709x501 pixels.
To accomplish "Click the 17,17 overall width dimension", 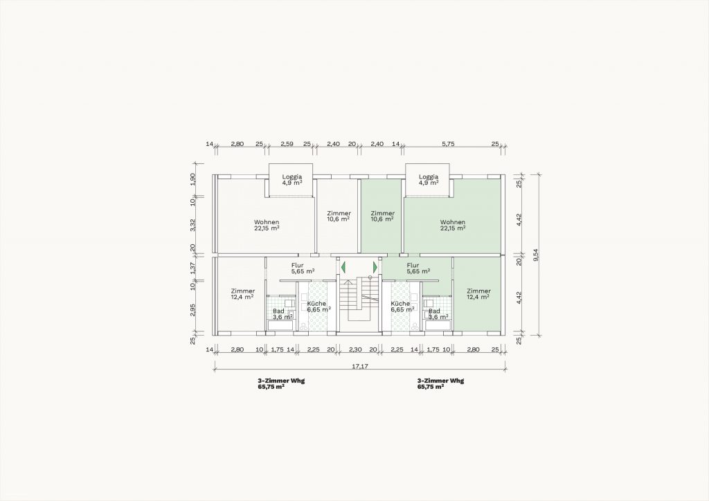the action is tap(360, 366).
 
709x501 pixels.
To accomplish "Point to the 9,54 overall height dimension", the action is tap(537, 256).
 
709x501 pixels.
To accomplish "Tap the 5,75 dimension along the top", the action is tap(448, 144).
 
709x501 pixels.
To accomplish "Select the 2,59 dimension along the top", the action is tap(287, 144).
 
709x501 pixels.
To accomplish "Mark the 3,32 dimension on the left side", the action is tap(193, 224).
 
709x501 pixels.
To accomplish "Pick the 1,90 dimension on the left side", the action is tap(193, 179).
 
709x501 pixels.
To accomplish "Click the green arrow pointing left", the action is tap(343, 267).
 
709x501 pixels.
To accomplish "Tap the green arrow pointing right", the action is tap(375, 267).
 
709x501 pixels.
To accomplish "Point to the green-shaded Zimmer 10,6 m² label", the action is tap(382, 216).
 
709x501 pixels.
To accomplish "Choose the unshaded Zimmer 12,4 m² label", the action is tap(243, 294).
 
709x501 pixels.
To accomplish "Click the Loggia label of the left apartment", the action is tap(291, 180).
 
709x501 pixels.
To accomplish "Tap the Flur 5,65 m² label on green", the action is tap(418, 268).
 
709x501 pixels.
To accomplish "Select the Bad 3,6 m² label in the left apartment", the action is tap(282, 314).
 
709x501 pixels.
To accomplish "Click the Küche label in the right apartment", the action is tap(400, 304).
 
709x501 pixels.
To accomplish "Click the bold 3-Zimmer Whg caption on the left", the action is tap(281, 381).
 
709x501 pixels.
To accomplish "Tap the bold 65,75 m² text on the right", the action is tap(431, 387).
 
